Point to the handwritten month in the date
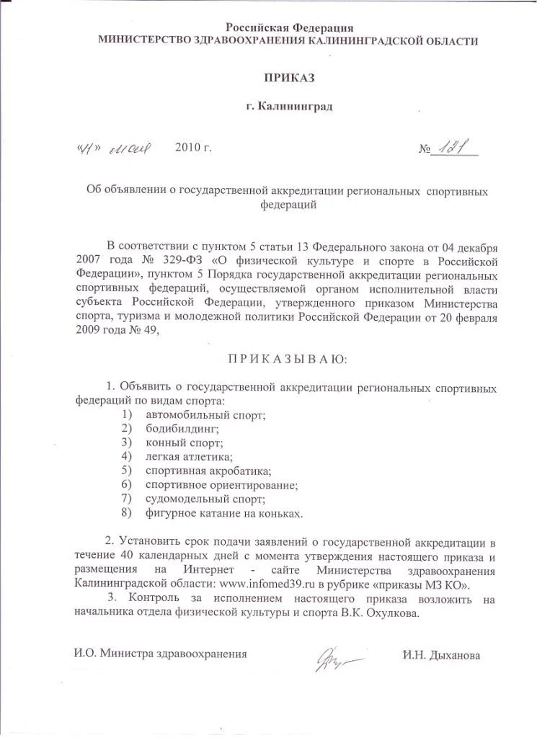[129, 149]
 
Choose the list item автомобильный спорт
[206, 415]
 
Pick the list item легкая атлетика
[189, 456]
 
